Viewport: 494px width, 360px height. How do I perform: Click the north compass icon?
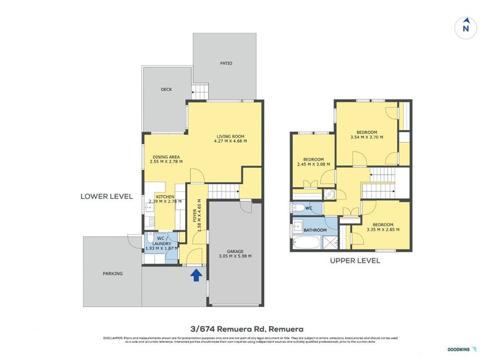(466, 27)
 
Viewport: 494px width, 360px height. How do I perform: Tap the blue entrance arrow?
(196, 275)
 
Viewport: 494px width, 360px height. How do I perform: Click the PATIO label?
(226, 63)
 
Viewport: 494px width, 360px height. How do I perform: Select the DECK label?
(166, 90)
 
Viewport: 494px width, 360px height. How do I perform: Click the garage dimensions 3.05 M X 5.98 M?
(235, 256)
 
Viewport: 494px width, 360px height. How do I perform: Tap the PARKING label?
(112, 274)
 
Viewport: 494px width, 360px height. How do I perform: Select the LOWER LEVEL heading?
(107, 196)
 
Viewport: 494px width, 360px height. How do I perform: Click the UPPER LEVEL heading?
(355, 261)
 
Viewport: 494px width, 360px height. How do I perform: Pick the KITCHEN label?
(165, 196)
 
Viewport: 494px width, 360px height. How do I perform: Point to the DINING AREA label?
(166, 157)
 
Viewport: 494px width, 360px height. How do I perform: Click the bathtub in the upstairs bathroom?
(306, 242)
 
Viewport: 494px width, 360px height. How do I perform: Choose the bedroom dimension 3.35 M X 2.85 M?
(383, 230)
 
